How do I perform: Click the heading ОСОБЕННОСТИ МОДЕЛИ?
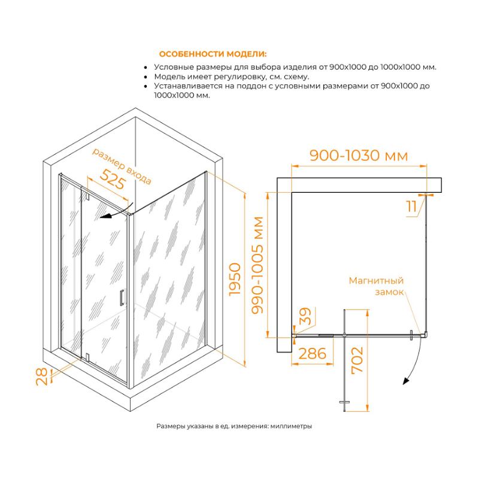point(213,54)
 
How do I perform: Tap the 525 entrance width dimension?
point(113,179)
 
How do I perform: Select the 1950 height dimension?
point(235,279)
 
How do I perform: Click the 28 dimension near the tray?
point(41,377)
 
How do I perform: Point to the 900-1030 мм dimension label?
point(359,156)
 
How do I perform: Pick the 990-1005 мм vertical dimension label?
point(257,265)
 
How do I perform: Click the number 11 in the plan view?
point(411,207)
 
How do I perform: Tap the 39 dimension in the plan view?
point(305,316)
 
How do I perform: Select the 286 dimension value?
point(312,354)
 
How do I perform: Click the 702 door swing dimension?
point(357,360)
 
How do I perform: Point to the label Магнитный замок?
point(377,286)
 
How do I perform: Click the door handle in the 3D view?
point(122,297)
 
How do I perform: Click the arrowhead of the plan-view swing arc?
point(406,381)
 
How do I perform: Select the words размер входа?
point(122,166)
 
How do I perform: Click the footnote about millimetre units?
point(234,426)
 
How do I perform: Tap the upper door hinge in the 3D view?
point(87,197)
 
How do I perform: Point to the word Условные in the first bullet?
point(173,67)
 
